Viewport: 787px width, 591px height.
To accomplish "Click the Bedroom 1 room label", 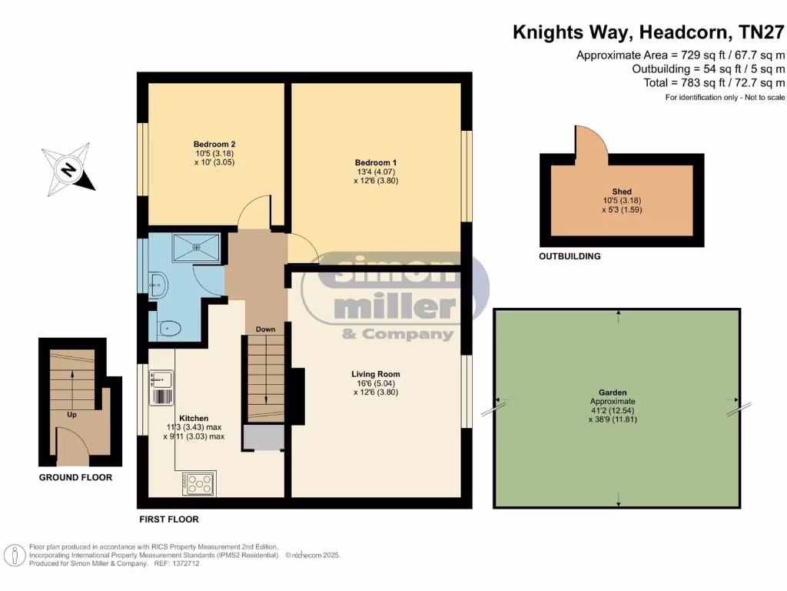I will coord(375,162).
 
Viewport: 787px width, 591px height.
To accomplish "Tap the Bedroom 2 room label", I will coord(214,144).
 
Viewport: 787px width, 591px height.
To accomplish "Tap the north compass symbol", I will coord(68,169).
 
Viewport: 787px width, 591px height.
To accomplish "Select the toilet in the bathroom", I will coord(168,329).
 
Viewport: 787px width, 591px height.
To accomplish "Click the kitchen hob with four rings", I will coord(200,483).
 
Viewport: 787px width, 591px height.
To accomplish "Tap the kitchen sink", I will coord(162,378).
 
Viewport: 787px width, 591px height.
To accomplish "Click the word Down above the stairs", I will coord(265,329).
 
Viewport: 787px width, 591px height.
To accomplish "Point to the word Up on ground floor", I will coord(71,414).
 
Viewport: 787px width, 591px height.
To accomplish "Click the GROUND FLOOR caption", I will coord(75,478).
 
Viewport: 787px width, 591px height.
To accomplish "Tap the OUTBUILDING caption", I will coord(569,256).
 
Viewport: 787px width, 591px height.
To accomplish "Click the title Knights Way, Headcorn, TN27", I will coord(649,32).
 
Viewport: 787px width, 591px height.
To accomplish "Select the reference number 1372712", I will coord(184,563).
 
